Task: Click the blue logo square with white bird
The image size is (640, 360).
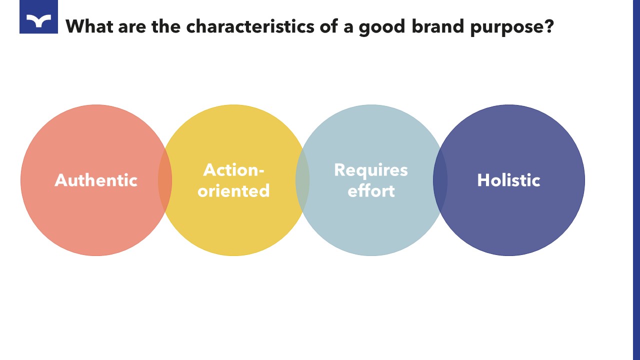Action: (38, 16)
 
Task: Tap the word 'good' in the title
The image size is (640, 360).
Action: (382, 27)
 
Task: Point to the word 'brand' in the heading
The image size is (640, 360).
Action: (438, 26)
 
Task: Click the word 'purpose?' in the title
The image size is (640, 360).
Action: (512, 27)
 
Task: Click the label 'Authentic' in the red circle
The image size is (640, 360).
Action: (96, 180)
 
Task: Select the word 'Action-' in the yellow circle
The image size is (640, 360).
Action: (233, 170)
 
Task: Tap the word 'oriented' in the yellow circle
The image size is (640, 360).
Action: (233, 190)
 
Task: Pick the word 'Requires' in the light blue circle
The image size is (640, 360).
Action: (371, 170)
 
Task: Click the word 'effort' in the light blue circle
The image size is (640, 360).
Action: (371, 190)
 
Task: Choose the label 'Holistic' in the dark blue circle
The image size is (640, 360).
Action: (509, 180)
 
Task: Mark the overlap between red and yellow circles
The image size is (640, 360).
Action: (165, 180)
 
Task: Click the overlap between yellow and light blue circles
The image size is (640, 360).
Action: (302, 180)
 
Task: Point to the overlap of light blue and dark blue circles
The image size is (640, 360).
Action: (440, 180)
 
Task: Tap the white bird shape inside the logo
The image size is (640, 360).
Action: (38, 20)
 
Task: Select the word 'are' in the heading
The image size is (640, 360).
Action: (132, 28)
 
